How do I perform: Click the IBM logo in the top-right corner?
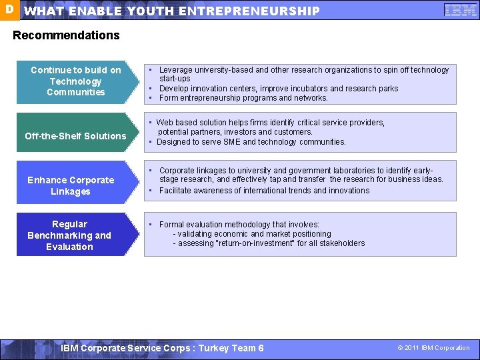460,11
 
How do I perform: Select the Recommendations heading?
67,35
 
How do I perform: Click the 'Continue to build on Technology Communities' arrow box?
76,81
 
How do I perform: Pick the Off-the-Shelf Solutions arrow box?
75,136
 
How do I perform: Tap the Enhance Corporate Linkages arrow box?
71,186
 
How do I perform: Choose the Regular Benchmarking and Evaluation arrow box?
69,235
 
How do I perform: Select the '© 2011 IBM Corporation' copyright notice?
433,348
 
